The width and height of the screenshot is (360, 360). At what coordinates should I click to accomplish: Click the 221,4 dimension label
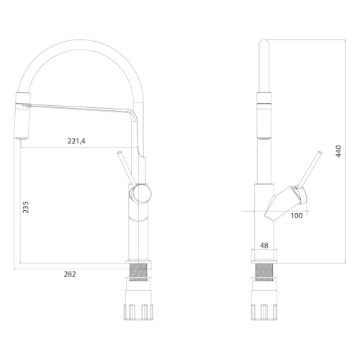[76, 141]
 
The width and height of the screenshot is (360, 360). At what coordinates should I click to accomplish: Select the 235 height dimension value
[25, 207]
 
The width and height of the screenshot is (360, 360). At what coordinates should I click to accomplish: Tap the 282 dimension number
[70, 274]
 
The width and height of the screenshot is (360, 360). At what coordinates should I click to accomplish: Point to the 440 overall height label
[338, 151]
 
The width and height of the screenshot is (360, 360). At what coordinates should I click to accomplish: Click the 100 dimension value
[297, 216]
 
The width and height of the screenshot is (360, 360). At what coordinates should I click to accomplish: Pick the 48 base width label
[264, 246]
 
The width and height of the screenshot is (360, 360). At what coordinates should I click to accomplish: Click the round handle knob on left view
[140, 194]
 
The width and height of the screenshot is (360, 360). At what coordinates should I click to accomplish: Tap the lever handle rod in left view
[125, 168]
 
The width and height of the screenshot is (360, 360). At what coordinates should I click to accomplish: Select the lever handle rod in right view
[310, 169]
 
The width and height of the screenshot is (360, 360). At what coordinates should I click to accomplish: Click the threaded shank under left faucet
[138, 272]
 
